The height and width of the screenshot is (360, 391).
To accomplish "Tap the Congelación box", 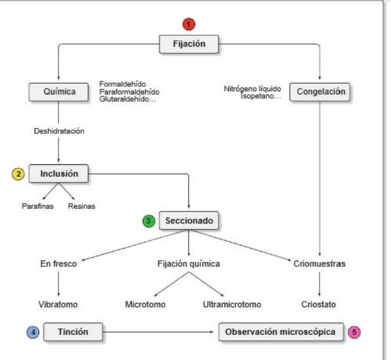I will coord(321,92).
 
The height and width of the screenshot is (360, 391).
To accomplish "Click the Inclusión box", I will coord(59,173).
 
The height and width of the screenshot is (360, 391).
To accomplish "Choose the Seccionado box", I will coord(189,221).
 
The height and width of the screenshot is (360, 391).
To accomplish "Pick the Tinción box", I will coord(73,331).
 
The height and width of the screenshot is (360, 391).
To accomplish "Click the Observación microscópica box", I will coord(281,331).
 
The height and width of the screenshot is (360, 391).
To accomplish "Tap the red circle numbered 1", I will coord(189,25).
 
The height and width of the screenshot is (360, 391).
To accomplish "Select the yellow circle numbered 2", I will coord(19,174).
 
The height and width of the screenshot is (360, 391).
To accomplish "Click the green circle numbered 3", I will coord(149,222).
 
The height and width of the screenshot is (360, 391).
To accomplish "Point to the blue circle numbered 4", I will coord(33,332).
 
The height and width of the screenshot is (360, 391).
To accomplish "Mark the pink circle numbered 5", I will coord(355,332).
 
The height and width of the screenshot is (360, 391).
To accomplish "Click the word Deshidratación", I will coord(59,132).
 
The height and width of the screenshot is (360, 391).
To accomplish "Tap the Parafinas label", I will coord(37,206).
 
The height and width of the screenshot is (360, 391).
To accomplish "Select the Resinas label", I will coord(82,206).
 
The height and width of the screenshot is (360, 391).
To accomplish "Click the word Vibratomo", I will coord(59,305).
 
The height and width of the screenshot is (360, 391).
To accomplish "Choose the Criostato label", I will coord(319,305).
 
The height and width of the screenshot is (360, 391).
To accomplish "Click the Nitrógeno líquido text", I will coord(252,89).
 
